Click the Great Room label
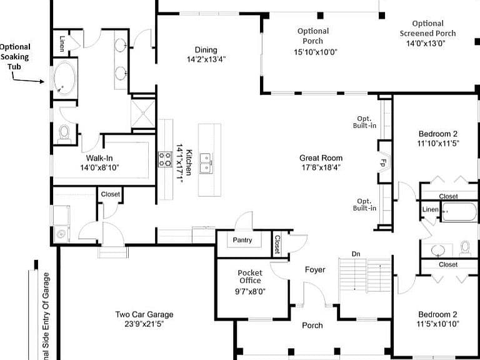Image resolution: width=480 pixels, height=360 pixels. tap(321, 158)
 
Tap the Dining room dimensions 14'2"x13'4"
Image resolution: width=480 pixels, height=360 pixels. tap(206, 59)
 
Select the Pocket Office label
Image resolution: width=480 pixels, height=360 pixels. tap(250, 277)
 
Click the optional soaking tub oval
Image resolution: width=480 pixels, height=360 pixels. tap(64, 79)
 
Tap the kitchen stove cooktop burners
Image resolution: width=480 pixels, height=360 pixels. tap(165, 159)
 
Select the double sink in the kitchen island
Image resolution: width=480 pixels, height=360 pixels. tap(206, 163)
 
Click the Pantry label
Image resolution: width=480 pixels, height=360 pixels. tap(242, 240)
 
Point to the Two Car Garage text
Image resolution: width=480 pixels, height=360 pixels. tap(144, 314)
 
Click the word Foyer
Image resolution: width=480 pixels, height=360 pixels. tap(315, 270)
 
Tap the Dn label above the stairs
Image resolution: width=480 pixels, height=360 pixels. tap(356, 254)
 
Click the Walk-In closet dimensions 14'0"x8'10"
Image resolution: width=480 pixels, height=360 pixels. tap(99, 167)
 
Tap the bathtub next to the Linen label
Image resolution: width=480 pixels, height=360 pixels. tap(459, 211)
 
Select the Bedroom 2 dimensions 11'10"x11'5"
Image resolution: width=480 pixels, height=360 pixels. tap(438, 143)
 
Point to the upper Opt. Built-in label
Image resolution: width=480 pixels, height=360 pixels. tap(364, 122)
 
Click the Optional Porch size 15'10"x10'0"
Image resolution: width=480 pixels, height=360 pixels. tap(315, 52)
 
